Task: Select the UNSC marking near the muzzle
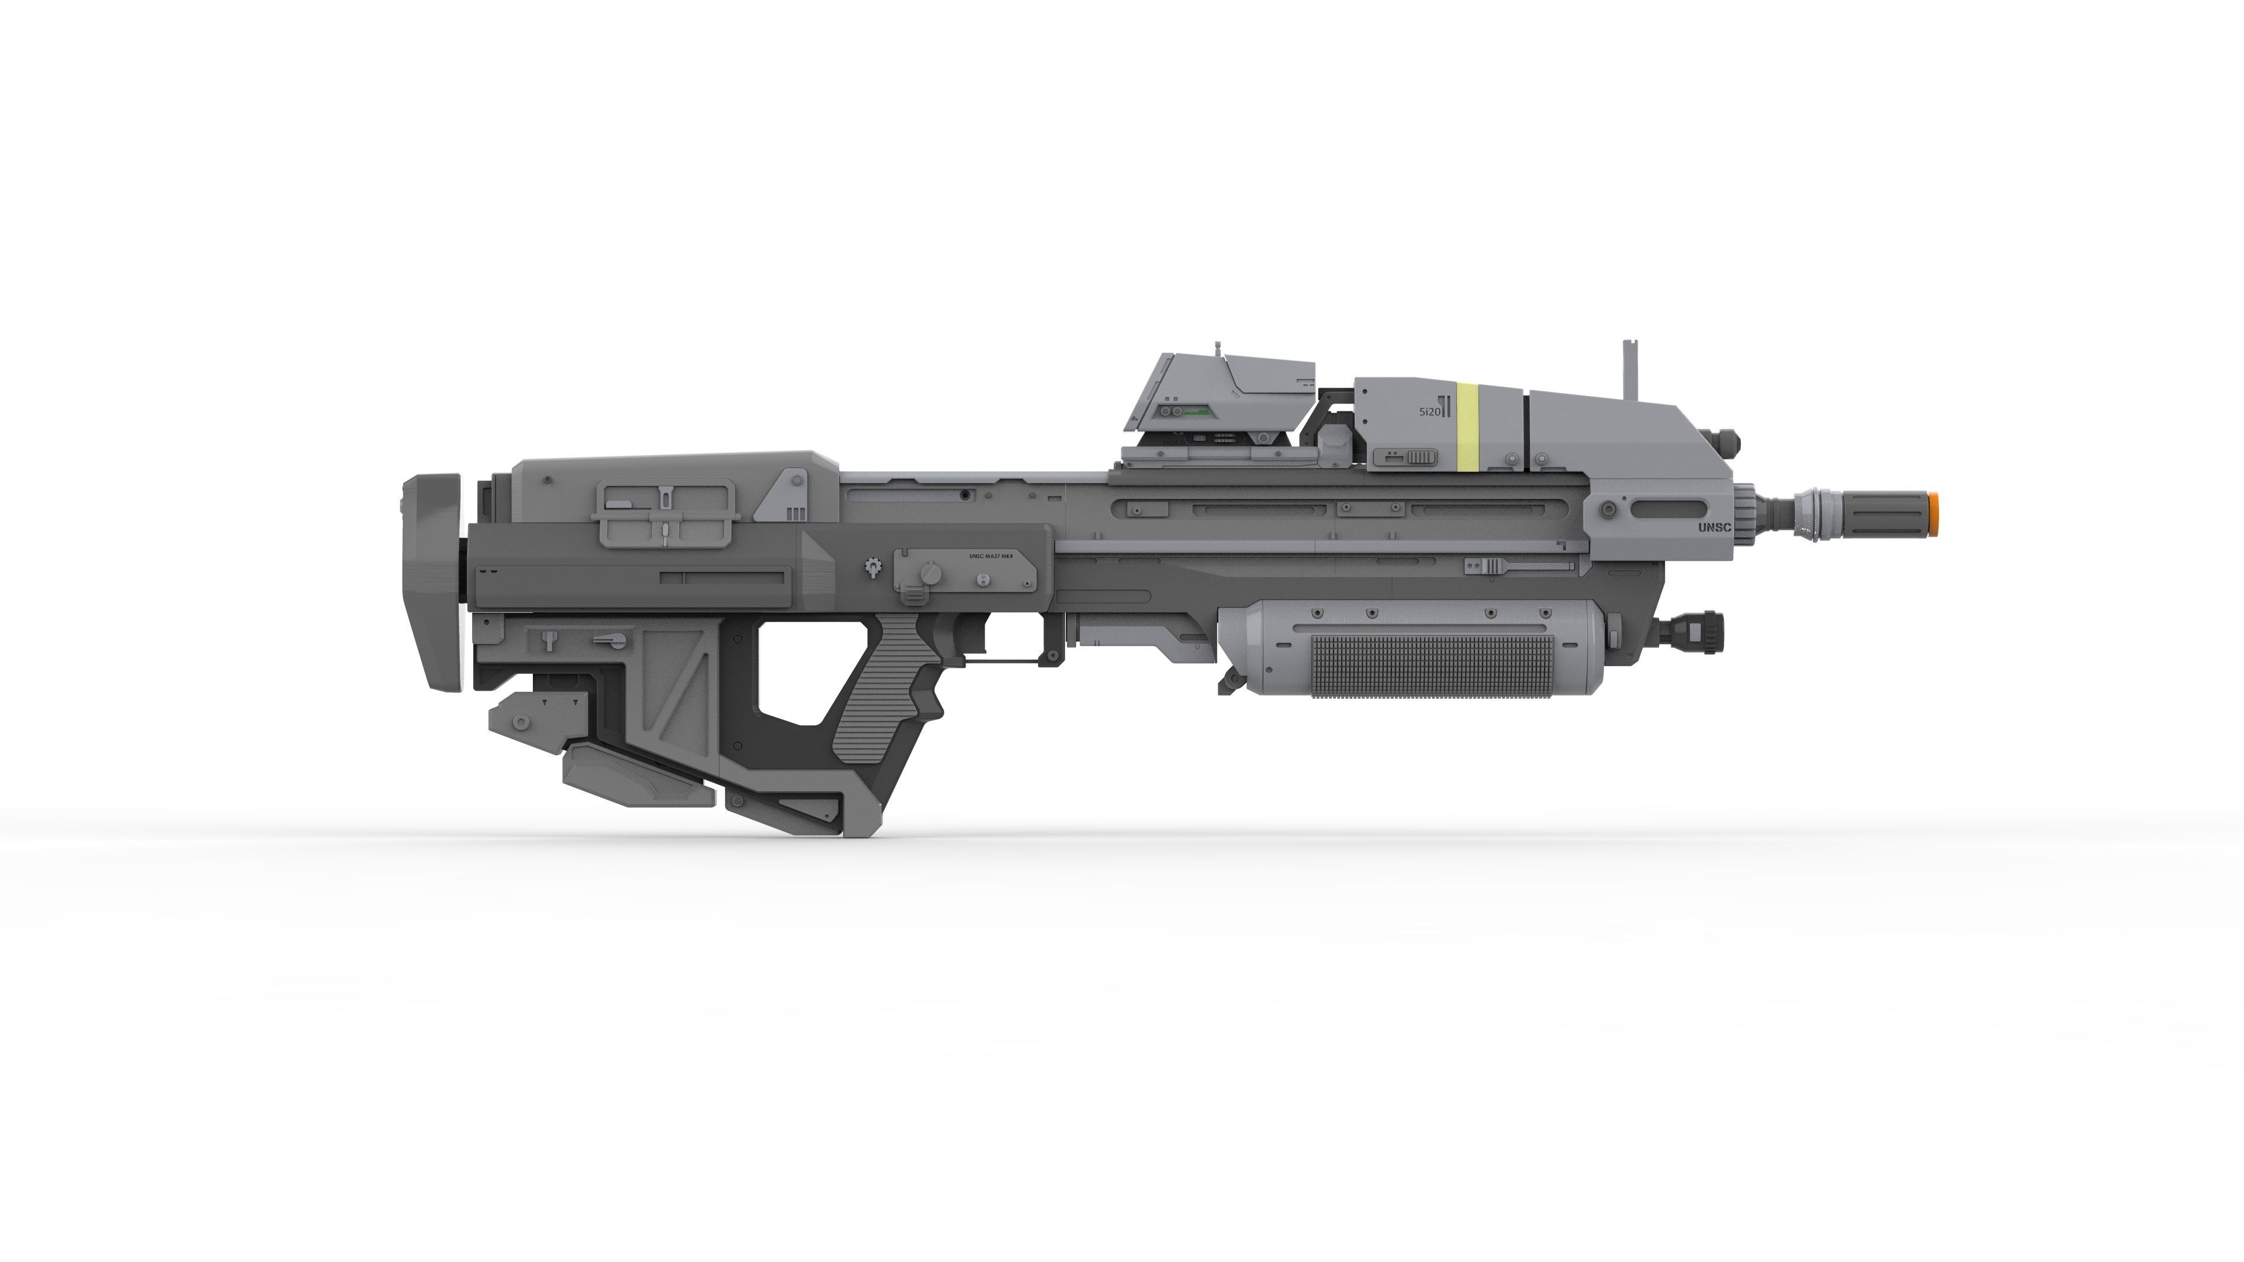point(1713,527)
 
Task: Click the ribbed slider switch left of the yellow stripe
point(1404,458)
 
